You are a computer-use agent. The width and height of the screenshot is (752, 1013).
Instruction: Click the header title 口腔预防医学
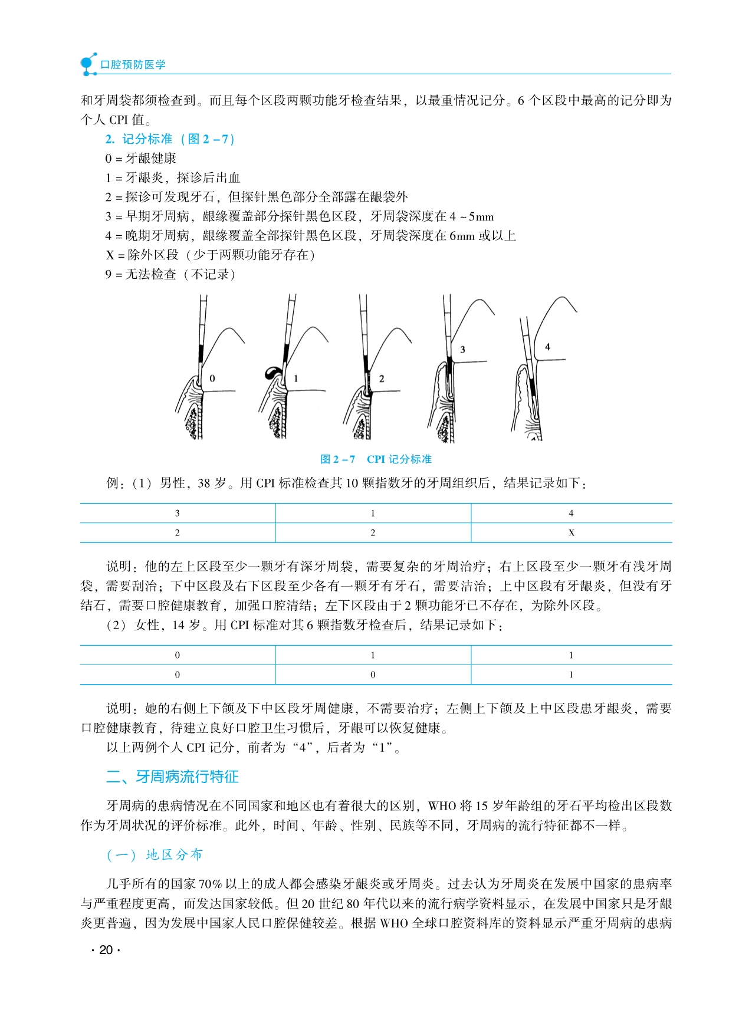click(133, 64)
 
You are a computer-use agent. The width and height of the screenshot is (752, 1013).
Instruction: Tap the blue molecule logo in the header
click(88, 64)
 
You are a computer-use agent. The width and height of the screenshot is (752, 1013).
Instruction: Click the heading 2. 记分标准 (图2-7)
click(170, 139)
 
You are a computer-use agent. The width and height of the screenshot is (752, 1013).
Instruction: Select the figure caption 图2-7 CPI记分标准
click(376, 459)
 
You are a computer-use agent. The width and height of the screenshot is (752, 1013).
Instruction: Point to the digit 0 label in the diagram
click(212, 379)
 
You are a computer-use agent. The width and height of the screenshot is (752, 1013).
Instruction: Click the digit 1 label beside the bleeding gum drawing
click(296, 379)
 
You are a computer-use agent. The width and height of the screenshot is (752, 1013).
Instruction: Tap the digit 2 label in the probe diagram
click(382, 379)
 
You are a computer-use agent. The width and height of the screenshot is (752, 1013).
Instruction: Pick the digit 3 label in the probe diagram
click(462, 350)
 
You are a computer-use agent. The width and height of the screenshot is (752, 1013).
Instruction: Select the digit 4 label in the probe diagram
click(547, 347)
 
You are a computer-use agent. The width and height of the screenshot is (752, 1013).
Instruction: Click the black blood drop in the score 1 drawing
click(272, 372)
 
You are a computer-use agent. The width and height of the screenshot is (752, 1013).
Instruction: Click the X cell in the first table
click(571, 532)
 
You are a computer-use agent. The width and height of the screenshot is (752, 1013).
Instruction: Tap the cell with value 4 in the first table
click(571, 513)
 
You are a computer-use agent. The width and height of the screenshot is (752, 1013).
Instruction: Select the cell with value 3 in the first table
click(178, 513)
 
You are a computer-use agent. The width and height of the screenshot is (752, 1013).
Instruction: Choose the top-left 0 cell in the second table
click(178, 655)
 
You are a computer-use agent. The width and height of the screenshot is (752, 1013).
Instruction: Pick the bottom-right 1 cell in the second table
click(571, 675)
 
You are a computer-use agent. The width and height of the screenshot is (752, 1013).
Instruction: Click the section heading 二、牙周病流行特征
click(172, 777)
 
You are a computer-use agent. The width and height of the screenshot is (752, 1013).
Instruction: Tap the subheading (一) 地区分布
click(155, 854)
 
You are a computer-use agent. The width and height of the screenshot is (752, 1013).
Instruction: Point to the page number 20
click(106, 950)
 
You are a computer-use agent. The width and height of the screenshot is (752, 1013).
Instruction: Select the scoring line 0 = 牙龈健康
click(140, 158)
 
